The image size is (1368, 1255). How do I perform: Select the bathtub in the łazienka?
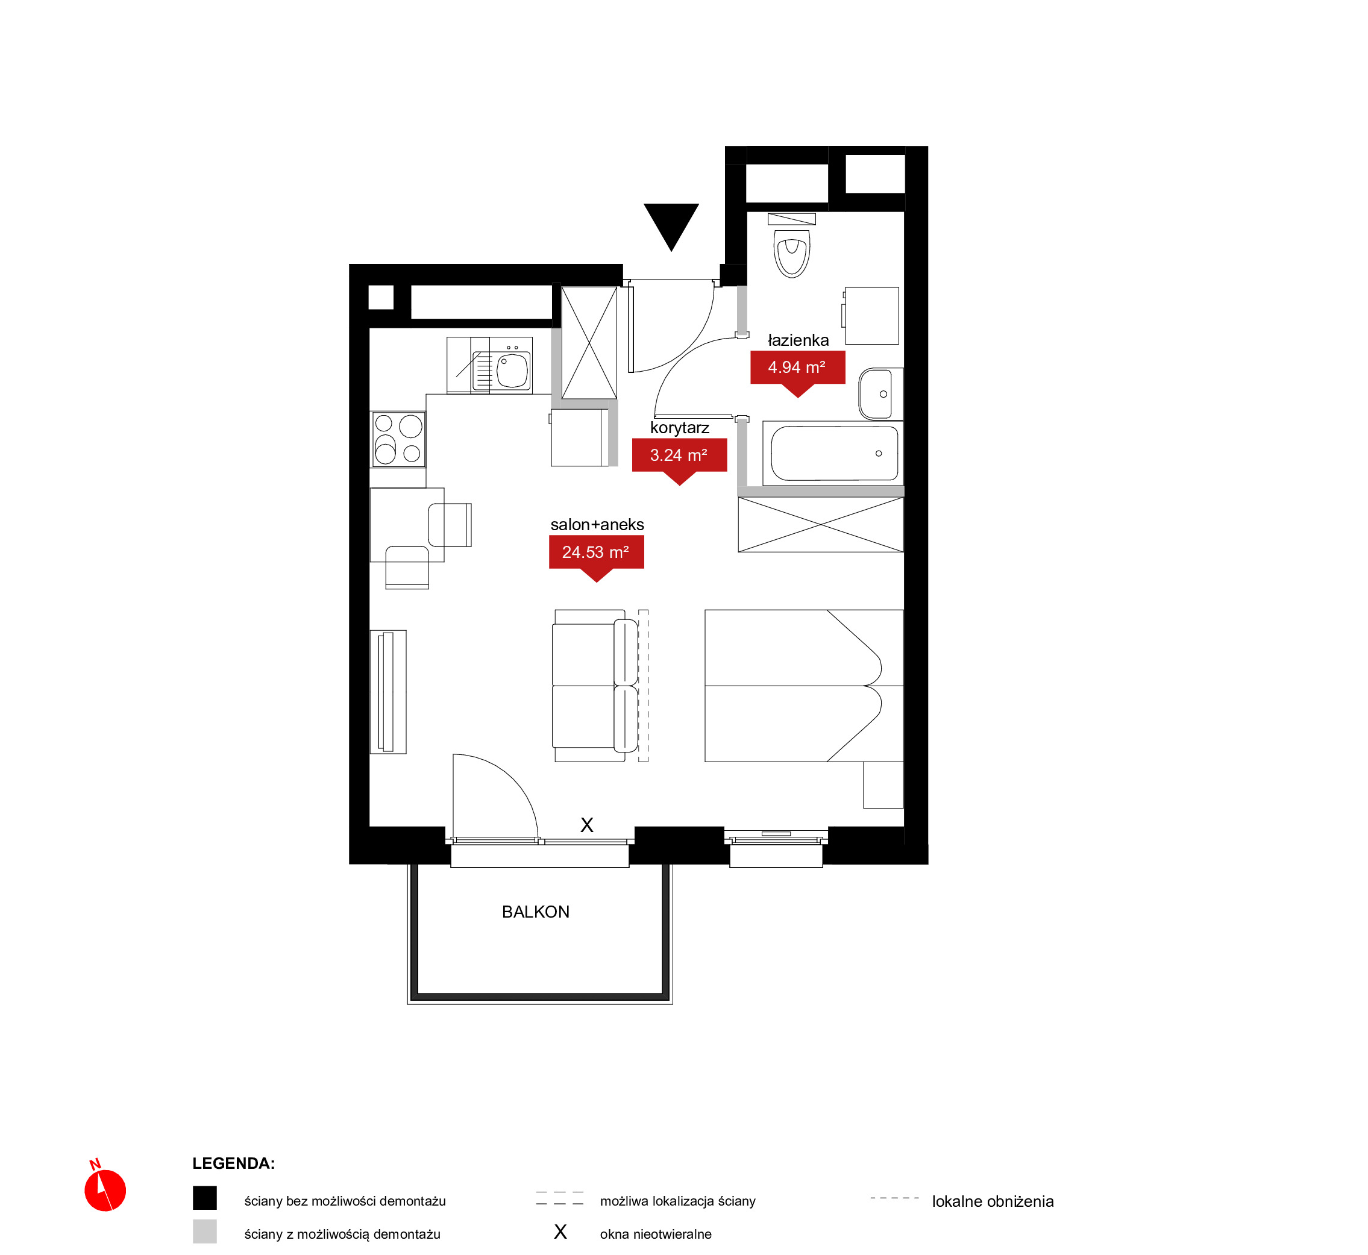tap(833, 453)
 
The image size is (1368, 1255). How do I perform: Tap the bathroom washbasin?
tap(880, 394)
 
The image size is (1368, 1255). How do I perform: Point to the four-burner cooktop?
tap(398, 439)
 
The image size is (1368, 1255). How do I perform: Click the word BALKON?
tap(535, 912)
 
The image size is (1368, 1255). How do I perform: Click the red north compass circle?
tap(105, 1209)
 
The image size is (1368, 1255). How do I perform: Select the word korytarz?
tap(679, 428)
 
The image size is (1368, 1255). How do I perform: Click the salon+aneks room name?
tap(597, 524)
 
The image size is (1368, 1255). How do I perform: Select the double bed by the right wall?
tap(803, 685)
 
